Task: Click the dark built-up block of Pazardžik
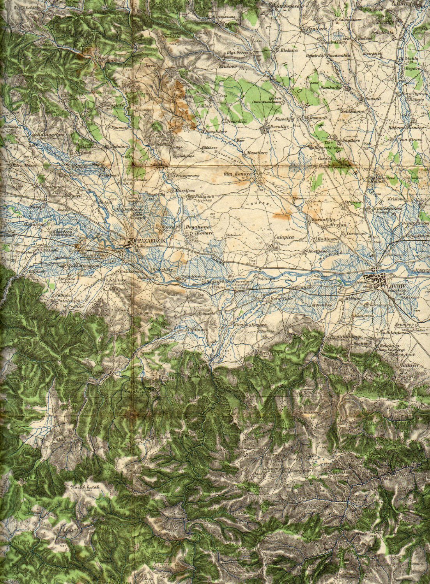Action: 130,244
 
